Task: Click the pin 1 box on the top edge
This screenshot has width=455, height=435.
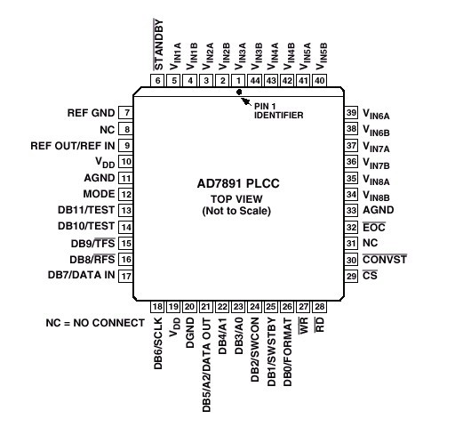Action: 239,80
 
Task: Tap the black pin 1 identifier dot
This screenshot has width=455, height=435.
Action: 239,93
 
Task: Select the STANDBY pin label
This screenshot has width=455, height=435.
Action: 158,44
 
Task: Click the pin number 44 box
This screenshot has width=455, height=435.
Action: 255,80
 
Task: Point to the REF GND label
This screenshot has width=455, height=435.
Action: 91,113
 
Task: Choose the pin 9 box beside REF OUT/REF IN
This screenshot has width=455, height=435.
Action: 126,146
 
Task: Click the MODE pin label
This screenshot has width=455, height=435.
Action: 99,194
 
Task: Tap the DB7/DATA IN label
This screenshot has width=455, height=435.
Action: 82,275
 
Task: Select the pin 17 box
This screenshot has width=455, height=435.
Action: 126,276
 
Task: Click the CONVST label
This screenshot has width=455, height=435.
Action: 385,260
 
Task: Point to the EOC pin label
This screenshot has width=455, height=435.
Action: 374,227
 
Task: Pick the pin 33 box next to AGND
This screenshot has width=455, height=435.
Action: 351,210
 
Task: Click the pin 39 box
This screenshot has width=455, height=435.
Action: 351,113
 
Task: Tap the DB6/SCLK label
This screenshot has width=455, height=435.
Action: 158,343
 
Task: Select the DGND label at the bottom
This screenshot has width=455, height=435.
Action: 190,333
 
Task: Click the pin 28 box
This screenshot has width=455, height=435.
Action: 320,307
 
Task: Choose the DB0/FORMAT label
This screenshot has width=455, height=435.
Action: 288,352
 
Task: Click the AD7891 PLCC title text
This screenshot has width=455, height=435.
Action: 238,183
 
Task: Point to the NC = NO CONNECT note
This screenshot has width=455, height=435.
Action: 95,323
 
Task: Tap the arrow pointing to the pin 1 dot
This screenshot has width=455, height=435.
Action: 246,101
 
